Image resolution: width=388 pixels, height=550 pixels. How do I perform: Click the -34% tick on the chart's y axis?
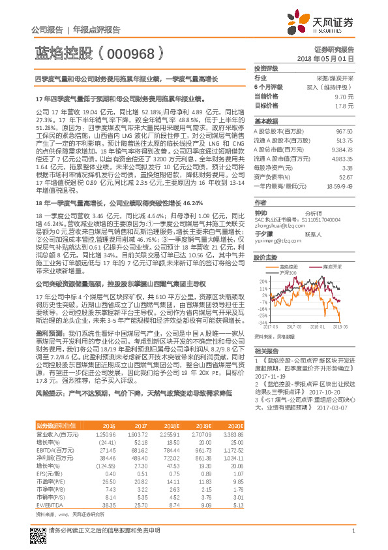pos(262,322)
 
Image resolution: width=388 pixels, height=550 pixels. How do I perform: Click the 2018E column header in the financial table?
pos(172,425)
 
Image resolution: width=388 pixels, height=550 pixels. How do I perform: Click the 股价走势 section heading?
pos(266,257)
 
